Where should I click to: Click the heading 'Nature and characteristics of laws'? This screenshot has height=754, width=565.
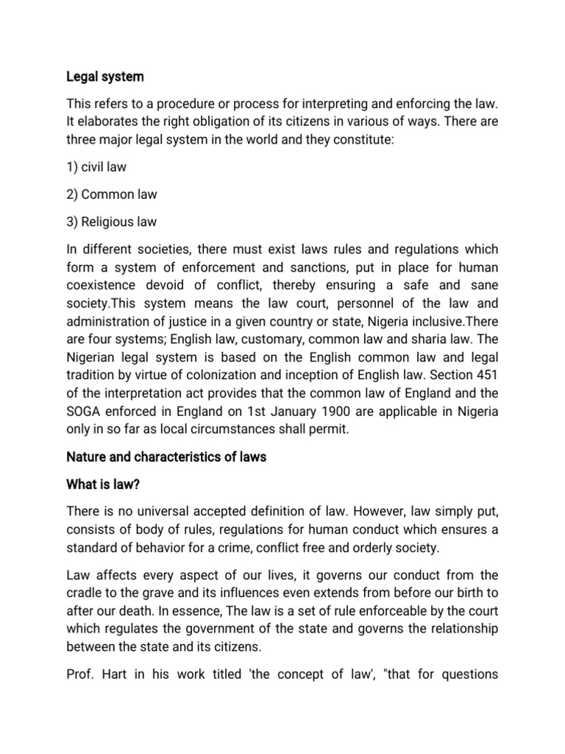tap(166, 457)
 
